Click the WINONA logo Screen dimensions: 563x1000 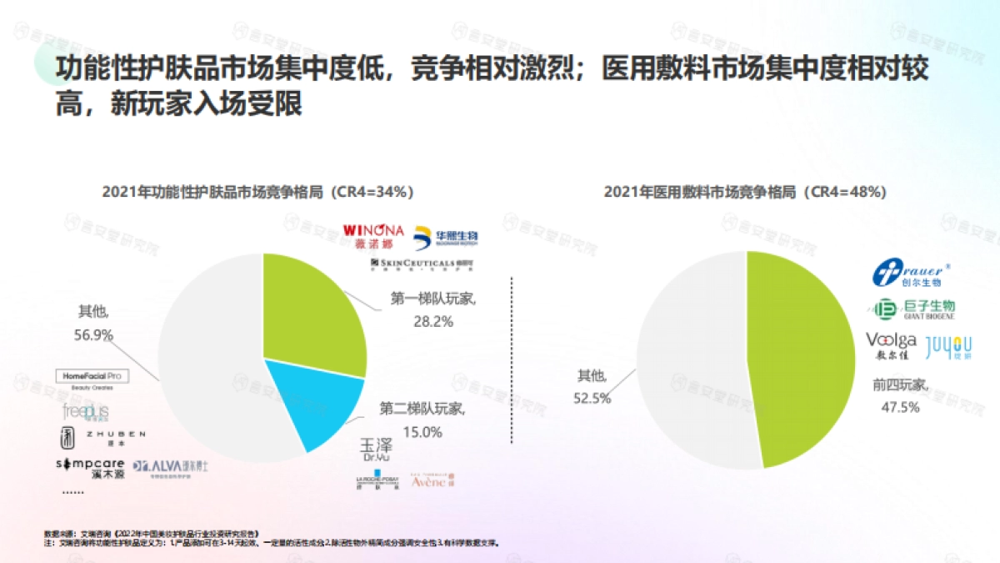372,235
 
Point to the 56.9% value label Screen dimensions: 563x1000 93,334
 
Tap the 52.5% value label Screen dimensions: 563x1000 592,398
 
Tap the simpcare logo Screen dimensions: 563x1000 89,467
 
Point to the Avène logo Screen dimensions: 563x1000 433,480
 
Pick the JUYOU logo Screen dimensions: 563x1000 948,346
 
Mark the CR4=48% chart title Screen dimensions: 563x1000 744,192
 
